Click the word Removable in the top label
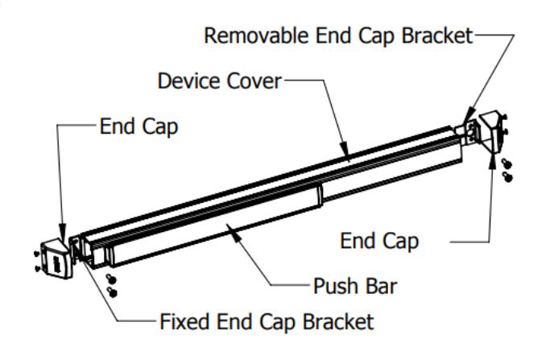pyautogui.click(x=256, y=35)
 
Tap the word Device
pyautogui.click(x=189, y=81)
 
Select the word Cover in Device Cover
pyautogui.click(x=254, y=81)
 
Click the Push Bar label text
pyautogui.click(x=355, y=286)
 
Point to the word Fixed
pyautogui.click(x=184, y=321)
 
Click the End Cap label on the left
pyautogui.click(x=139, y=126)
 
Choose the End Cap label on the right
pyautogui.click(x=379, y=241)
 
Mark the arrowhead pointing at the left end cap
pyautogui.click(x=63, y=232)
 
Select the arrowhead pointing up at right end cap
pyautogui.click(x=493, y=162)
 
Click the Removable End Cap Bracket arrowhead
pyautogui.click(x=469, y=116)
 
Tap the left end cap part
pyautogui.click(x=56, y=259)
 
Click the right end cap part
pyautogui.click(x=491, y=131)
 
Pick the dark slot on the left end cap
pyautogui.click(x=57, y=264)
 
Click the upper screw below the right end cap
pyautogui.click(x=507, y=163)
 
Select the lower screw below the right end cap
pyautogui.click(x=507, y=177)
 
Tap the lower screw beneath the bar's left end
pyautogui.click(x=112, y=292)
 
